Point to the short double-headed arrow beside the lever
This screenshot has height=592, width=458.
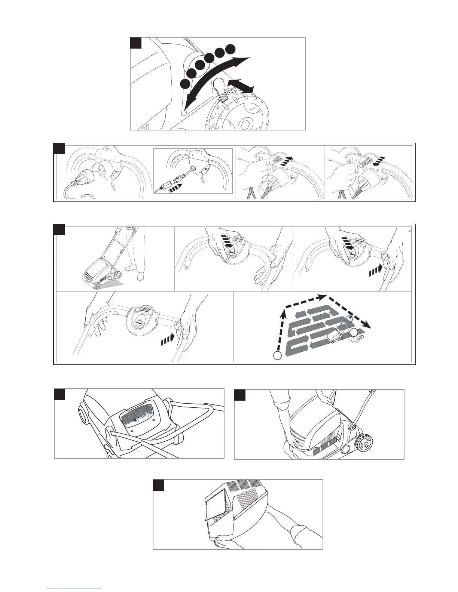point(240,85)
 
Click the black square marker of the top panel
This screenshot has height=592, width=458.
point(136,43)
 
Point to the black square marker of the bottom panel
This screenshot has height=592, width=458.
point(159,485)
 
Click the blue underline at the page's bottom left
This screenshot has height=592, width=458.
point(74,589)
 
